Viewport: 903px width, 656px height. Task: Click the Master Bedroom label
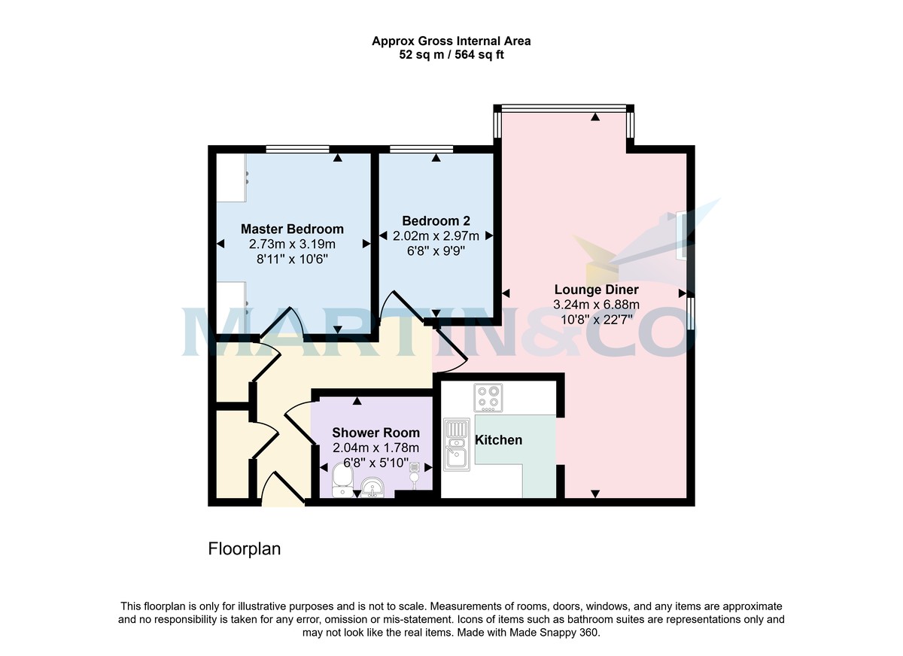click(292, 229)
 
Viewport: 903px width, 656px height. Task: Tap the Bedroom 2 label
click(436, 220)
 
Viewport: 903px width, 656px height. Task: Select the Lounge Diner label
click(596, 290)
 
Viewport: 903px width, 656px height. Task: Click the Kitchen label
click(498, 440)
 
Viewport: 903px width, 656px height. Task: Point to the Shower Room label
click(375, 433)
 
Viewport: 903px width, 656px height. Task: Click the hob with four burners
click(488, 398)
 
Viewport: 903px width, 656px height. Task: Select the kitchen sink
click(456, 444)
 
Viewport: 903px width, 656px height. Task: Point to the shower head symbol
click(414, 469)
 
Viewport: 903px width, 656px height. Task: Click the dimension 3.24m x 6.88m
click(596, 305)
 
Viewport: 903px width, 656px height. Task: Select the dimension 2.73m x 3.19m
click(292, 244)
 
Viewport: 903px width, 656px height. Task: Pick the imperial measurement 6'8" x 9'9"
click(436, 251)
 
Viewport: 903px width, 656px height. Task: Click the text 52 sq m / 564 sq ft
click(451, 55)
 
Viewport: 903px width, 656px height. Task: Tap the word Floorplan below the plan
click(244, 549)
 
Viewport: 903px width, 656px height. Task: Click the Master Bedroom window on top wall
click(297, 149)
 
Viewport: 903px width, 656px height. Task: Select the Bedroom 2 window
click(421, 149)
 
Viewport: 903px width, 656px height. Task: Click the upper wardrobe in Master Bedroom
click(231, 178)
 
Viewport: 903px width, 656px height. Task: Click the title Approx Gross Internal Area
click(451, 41)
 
